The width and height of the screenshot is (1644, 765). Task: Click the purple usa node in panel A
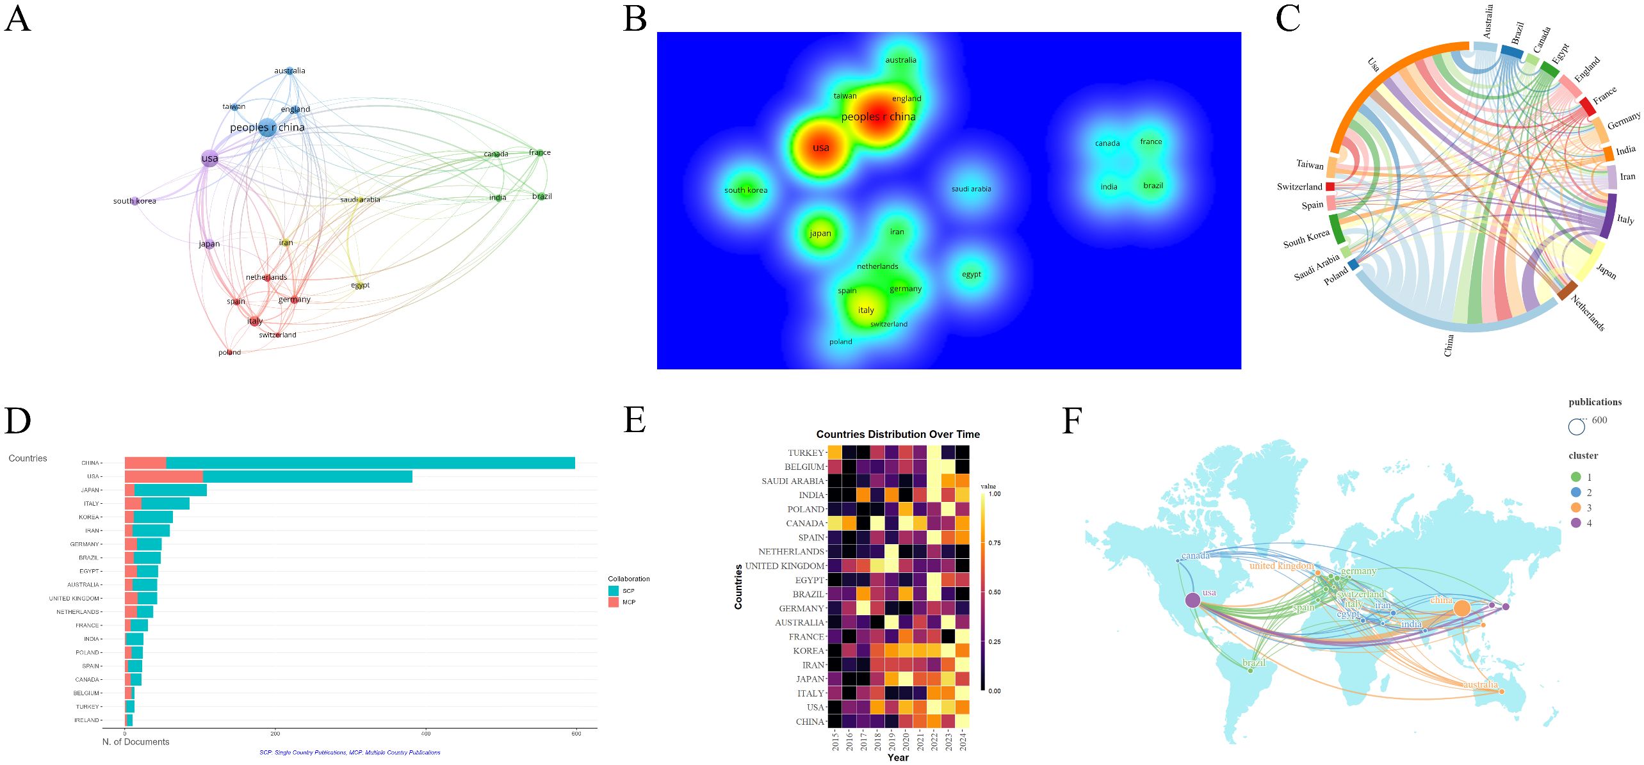point(209,159)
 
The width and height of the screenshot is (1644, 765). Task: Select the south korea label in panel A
point(134,201)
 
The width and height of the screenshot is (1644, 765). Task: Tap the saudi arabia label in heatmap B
point(971,189)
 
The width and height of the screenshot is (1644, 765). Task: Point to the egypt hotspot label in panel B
point(971,274)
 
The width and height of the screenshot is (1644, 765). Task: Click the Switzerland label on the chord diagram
point(1299,187)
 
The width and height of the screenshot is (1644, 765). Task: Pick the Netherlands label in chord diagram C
point(1588,312)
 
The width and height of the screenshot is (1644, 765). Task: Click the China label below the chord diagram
point(1449,345)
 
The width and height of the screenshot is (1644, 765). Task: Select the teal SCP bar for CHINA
point(370,463)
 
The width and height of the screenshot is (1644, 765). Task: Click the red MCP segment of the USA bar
point(163,476)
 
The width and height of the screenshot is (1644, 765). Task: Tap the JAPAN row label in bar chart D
point(90,490)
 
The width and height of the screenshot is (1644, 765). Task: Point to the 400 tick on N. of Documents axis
point(426,734)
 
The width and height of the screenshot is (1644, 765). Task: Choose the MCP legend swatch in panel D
point(614,602)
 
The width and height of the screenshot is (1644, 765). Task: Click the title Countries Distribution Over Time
point(897,435)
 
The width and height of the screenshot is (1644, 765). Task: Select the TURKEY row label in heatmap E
point(806,453)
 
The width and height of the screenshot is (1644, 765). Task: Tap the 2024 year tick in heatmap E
point(963,742)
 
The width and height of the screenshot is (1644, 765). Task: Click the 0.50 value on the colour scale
point(994,592)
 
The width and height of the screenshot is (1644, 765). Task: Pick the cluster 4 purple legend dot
point(1575,523)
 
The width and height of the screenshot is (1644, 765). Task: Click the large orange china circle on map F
point(1461,608)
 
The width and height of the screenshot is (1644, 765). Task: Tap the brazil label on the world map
point(1253,663)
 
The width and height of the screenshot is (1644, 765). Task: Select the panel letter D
point(17,421)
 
